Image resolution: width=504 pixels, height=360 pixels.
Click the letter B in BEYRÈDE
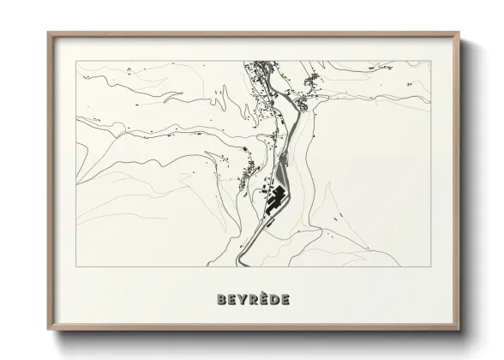222,299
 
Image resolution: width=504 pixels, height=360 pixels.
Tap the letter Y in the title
243,299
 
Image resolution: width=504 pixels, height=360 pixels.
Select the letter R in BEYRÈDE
254,299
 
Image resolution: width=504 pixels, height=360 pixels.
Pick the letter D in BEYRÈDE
274,299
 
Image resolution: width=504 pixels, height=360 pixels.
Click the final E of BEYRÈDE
285,299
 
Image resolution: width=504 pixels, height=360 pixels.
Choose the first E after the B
232,299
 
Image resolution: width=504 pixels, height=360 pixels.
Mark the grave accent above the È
264,293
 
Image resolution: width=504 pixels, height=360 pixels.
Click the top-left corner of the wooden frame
48,33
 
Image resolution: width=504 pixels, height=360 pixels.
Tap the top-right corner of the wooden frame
459,33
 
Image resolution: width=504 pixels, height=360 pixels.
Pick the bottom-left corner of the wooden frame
48,330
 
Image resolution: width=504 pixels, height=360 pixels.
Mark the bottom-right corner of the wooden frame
459,330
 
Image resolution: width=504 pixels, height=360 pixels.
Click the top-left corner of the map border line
77,61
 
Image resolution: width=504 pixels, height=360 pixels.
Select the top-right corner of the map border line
429,61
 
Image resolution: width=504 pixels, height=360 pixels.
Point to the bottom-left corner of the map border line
77,267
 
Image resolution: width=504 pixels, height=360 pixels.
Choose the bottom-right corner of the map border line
429,267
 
